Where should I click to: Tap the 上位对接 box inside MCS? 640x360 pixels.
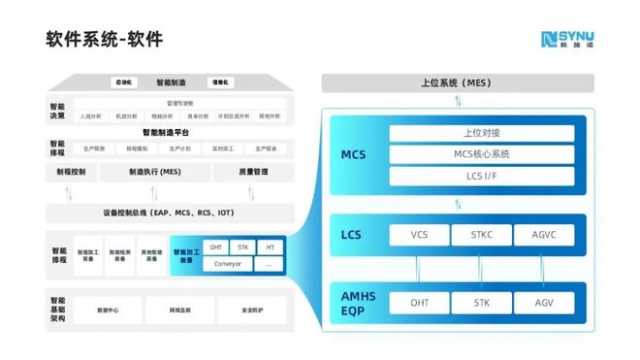click(x=481, y=133)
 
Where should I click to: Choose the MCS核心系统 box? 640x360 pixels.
click(x=481, y=154)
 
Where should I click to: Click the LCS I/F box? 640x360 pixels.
click(x=481, y=176)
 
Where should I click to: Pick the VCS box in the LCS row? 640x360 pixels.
click(x=419, y=234)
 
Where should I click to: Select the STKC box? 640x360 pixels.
click(x=482, y=234)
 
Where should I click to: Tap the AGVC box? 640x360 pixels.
click(x=544, y=234)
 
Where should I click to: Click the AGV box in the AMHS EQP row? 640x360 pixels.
click(x=544, y=303)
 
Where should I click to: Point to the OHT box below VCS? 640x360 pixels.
click(x=419, y=303)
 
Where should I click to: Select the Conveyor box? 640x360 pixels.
click(x=228, y=263)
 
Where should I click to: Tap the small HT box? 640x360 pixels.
click(x=271, y=246)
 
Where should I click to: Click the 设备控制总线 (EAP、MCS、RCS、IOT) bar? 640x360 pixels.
click(x=168, y=213)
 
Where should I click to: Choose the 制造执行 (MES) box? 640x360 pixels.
click(x=155, y=172)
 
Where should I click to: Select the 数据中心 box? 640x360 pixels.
click(x=108, y=311)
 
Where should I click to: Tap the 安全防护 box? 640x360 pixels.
click(x=254, y=311)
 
